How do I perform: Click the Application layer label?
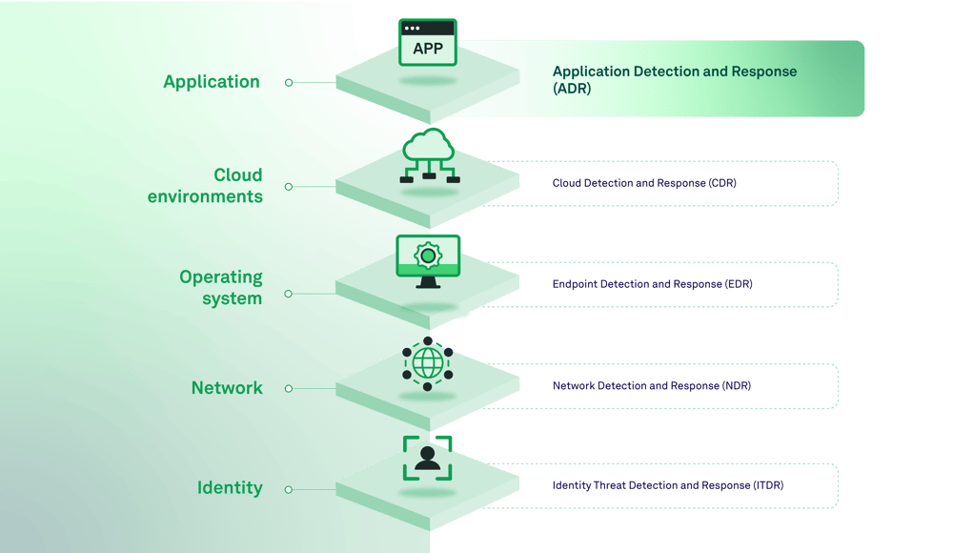[212, 82]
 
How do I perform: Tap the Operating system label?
[220, 287]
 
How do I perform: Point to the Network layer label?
[227, 388]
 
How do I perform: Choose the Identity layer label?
[230, 488]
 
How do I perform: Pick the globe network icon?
[428, 363]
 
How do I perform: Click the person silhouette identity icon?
[428, 458]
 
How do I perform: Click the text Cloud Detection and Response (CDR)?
[644, 183]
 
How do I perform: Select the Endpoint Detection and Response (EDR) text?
[653, 284]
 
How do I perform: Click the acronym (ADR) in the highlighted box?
[572, 89]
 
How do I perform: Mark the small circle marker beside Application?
[289, 83]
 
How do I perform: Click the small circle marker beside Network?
[289, 389]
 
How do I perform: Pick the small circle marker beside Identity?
[289, 489]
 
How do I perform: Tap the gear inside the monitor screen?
[428, 256]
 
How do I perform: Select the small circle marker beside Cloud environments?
[289, 187]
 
